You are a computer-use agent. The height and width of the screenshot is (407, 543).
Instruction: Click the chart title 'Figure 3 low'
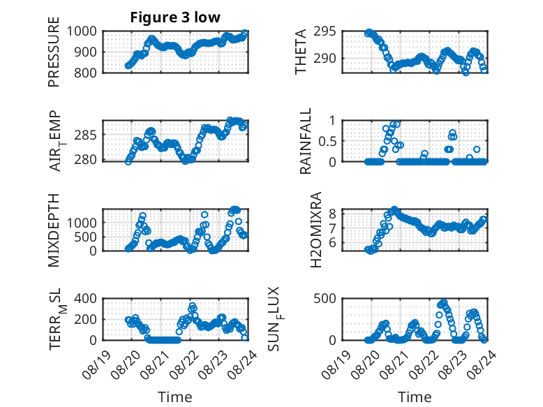175,17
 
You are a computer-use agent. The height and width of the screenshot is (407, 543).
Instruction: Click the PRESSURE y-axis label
54,52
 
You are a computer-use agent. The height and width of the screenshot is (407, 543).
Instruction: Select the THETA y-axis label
300,52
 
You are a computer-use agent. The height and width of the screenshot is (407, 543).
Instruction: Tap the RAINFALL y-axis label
306,141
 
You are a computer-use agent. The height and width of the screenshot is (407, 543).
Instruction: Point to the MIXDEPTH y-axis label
54,230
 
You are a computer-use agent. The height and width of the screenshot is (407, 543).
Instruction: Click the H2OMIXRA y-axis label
316,230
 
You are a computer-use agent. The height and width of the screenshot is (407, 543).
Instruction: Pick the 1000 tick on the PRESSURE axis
82,31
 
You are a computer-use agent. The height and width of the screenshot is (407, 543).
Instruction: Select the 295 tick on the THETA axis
325,31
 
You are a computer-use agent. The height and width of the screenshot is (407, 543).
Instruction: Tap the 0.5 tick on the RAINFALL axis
327,141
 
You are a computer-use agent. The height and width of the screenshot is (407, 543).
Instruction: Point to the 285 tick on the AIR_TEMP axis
86,135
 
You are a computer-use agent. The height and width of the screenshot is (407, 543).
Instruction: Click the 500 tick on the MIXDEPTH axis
86,237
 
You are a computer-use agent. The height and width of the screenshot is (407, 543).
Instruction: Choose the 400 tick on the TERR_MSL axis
86,299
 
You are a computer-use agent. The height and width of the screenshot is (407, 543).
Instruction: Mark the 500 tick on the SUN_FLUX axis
325,299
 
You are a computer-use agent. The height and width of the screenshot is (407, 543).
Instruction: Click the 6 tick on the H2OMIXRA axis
332,242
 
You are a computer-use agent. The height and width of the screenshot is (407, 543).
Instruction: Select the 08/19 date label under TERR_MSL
96,364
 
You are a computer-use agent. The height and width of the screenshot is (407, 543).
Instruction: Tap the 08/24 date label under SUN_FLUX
482,364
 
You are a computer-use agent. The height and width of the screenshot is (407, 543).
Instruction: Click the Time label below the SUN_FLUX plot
415,397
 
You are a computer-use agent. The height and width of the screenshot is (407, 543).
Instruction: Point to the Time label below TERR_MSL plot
175,397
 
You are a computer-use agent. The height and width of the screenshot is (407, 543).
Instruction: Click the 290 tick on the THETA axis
325,58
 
